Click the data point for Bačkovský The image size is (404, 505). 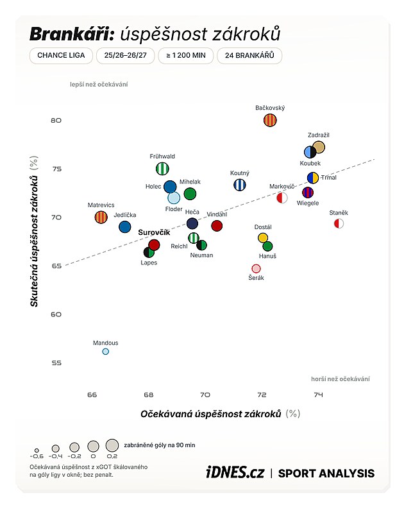tap(270, 120)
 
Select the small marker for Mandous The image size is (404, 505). tap(106, 352)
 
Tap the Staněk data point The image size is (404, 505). tap(339, 223)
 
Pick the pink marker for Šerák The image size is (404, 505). tap(256, 268)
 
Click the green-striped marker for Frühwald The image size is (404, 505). tap(162, 169)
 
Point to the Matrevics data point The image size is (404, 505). tap(101, 217)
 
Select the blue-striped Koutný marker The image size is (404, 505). tap(239, 185)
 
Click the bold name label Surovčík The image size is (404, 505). tap(154, 232)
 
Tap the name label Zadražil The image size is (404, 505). tap(318, 135)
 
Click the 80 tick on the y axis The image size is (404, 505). tap(56, 120)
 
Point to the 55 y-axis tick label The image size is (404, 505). tap(56, 363)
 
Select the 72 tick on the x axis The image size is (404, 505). tap(262, 395)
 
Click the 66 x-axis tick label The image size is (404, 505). tap(92, 395)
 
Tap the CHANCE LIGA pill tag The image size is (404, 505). tap(61, 55)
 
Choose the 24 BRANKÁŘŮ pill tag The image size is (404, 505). tap(249, 55)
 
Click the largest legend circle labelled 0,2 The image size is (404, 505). tap(112, 446)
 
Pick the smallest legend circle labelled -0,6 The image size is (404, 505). tap(37, 450)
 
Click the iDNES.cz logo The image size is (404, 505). tap(235, 473)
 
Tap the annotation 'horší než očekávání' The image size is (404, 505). tap(341, 379)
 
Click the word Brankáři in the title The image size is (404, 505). tap(72, 34)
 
